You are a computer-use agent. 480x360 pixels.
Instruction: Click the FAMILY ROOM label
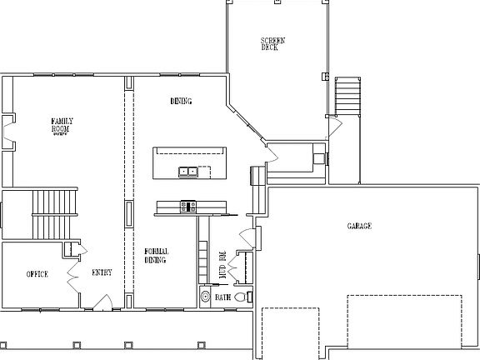click(x=62, y=126)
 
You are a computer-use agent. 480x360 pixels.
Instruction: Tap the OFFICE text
click(x=37, y=274)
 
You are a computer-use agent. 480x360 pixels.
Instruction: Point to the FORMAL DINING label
click(x=156, y=256)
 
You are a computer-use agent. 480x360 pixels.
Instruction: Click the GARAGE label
click(x=358, y=227)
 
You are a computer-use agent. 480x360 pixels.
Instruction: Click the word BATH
click(x=222, y=297)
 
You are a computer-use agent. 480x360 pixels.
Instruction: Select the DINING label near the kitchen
click(x=181, y=102)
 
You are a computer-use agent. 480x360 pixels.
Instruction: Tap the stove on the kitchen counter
click(x=187, y=206)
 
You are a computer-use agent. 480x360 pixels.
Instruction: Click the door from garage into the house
click(x=247, y=235)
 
